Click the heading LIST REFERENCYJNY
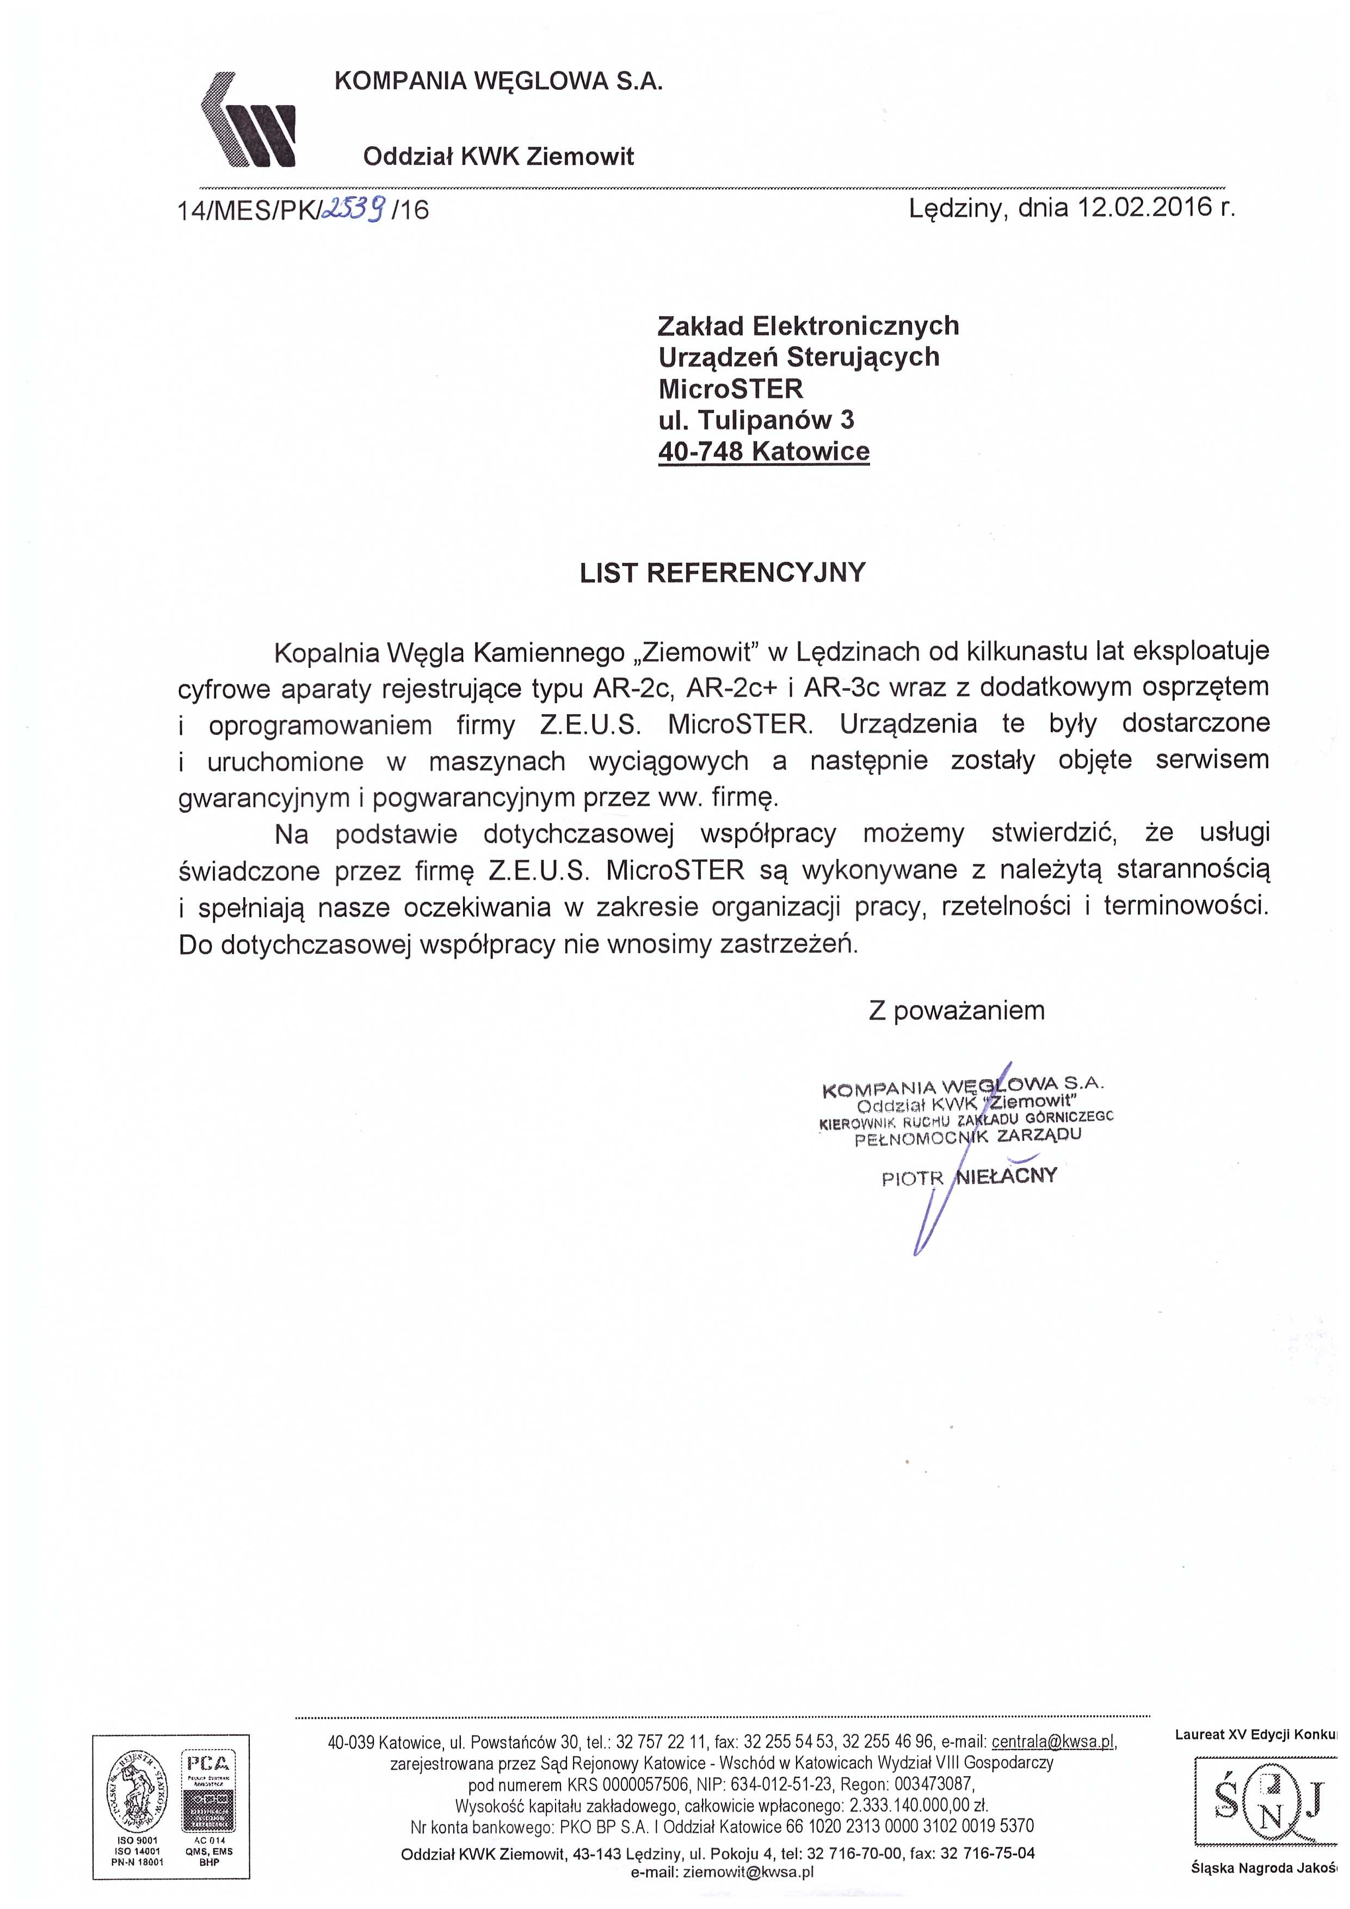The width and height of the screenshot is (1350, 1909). click(723, 574)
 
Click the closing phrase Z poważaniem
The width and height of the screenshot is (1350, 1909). click(956, 1011)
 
